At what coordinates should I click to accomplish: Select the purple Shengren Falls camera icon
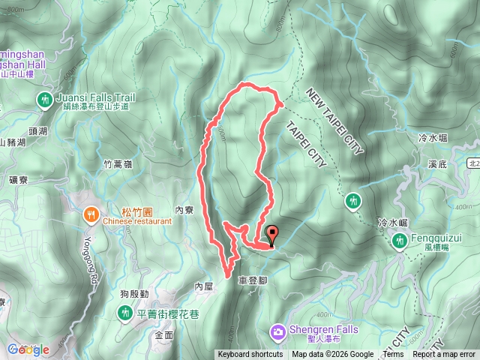click(x=278, y=330)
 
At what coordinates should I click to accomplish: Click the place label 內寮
click(x=184, y=211)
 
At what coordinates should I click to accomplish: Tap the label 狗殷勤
click(x=133, y=293)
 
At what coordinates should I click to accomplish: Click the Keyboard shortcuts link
click(x=250, y=355)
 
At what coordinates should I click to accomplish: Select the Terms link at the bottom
click(x=393, y=355)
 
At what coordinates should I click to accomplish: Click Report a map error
click(x=445, y=355)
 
